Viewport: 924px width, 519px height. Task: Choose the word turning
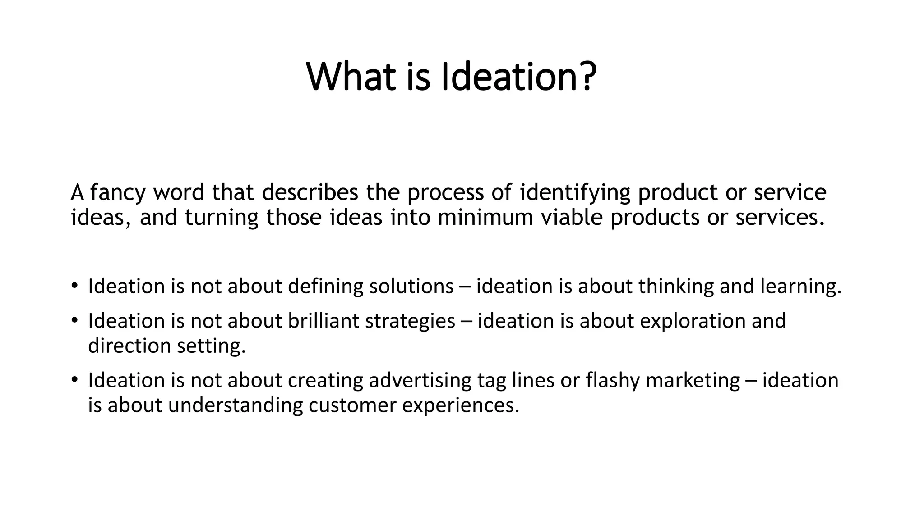222,218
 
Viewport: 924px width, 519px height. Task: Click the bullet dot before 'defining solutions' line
74,286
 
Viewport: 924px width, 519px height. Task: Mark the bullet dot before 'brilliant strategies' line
74,320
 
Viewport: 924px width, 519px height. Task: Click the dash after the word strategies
467,322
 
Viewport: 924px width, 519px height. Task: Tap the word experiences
461,406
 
